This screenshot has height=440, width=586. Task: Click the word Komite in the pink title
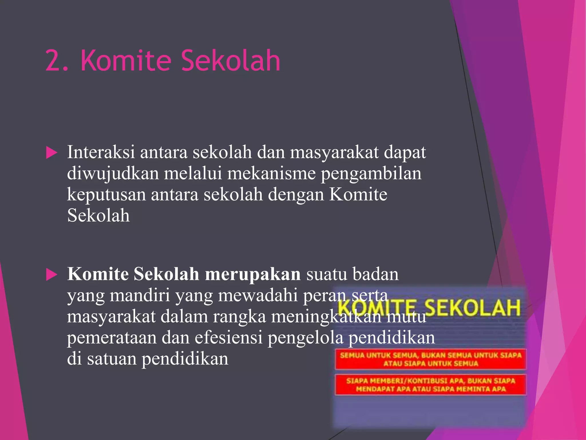[x=126, y=60]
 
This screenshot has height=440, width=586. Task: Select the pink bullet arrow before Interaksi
[x=52, y=153]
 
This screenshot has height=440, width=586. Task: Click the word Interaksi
[x=101, y=152]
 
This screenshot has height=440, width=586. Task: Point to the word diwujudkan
[x=113, y=174]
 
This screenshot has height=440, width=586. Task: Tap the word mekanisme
[x=271, y=174]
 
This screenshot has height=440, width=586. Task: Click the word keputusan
[x=106, y=195]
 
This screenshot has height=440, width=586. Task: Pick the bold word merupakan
[x=253, y=274]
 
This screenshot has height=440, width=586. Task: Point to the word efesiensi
[x=229, y=337]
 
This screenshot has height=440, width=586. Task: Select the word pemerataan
[x=112, y=337]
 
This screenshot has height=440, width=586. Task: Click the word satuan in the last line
[x=112, y=359]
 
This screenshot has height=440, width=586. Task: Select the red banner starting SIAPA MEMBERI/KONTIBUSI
[x=431, y=385]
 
